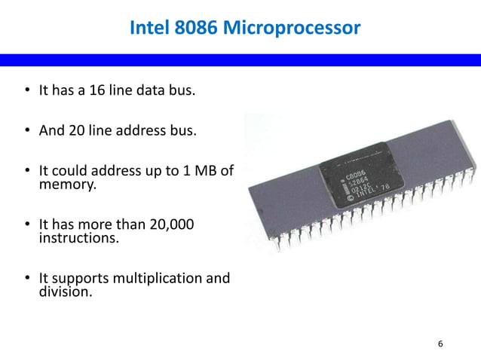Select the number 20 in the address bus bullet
coord(76,130)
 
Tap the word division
coord(65,291)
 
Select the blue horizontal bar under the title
coord(240,60)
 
